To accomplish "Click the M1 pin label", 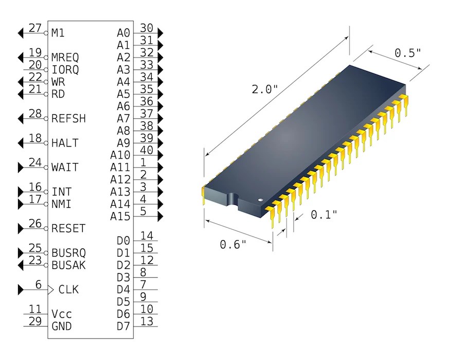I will (58, 33).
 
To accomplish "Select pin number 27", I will (34, 28).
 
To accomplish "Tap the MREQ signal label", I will (65, 57).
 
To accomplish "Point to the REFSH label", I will (68, 119).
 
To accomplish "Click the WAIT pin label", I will (65, 168).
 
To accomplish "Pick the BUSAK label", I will (68, 265).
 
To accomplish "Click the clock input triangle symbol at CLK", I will (50, 290).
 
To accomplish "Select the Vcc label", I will (61, 314).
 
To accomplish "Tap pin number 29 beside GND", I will (34, 321).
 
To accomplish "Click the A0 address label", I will (123, 33).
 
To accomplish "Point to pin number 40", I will (147, 150).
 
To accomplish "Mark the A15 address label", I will (120, 217).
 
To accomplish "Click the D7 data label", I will (123, 326).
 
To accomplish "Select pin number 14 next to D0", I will (147, 236).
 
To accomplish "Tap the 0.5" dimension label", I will (408, 52).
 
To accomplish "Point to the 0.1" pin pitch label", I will (324, 214).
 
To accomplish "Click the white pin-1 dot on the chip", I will (261, 200).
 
